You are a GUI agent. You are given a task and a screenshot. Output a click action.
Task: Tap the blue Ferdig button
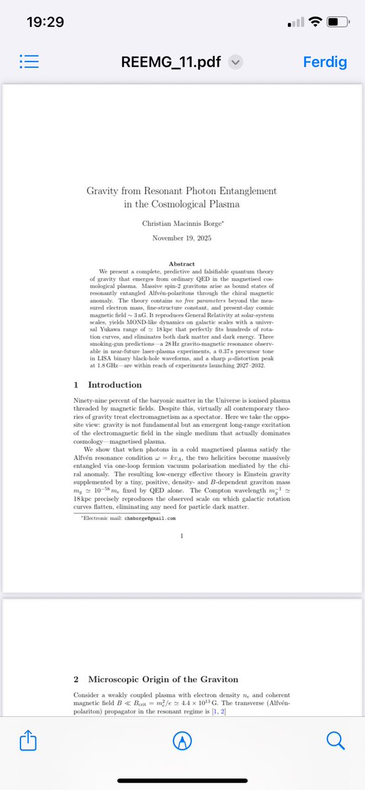(323, 62)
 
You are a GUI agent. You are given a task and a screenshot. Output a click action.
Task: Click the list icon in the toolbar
(31, 62)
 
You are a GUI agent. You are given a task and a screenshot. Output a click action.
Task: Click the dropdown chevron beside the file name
(236, 62)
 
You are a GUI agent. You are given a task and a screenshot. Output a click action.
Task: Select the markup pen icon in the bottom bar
(182, 741)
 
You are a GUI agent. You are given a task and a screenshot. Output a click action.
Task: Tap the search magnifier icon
(335, 741)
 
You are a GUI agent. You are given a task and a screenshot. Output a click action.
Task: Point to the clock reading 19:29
(45, 22)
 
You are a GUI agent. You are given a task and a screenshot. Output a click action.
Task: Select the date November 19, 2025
(182, 238)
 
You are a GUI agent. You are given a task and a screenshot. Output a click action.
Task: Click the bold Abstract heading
(182, 264)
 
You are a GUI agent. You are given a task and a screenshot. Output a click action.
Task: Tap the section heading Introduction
(115, 385)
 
